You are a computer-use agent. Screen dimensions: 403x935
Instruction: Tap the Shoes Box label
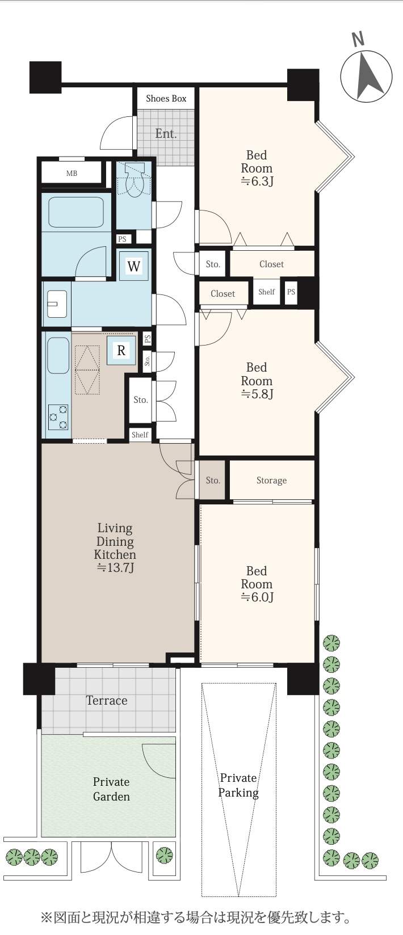tap(166, 99)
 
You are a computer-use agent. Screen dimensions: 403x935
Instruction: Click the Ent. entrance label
tap(166, 133)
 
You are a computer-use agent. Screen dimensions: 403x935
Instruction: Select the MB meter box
tap(72, 173)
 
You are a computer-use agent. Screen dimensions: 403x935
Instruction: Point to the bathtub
tap(75, 212)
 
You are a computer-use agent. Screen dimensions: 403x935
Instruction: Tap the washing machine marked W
tap(133, 266)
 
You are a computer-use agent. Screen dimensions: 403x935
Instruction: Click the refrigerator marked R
tap(121, 350)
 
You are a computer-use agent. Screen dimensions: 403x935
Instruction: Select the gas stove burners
tap(58, 417)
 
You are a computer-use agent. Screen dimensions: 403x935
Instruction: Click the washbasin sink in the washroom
tap(57, 304)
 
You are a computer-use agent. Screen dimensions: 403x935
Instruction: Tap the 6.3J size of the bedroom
tap(257, 182)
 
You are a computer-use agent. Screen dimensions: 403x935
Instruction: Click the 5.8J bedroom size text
tap(257, 394)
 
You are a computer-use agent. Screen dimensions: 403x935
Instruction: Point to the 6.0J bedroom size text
tap(257, 597)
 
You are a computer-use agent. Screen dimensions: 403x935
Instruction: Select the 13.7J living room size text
tap(115, 568)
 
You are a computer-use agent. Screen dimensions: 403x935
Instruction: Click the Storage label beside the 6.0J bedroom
tap(271, 481)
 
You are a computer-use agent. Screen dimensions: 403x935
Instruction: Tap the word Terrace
tap(107, 701)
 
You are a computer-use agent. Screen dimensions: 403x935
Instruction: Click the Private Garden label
tap(111, 789)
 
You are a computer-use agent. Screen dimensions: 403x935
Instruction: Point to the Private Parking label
tap(238, 785)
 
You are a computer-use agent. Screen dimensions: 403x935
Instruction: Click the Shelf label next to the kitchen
tap(140, 435)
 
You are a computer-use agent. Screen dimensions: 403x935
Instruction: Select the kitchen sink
tap(58, 355)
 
